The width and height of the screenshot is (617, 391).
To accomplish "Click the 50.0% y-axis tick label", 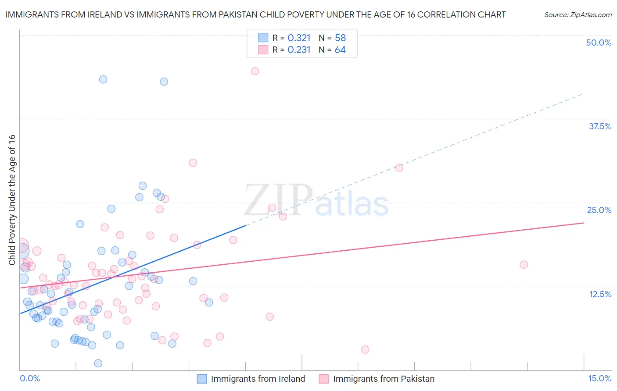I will pyautogui.click(x=599, y=43).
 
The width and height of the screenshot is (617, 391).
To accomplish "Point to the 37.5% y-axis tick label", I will pyautogui.click(x=600, y=126).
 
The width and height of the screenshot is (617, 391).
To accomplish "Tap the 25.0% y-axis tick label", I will pyautogui.click(x=599, y=210).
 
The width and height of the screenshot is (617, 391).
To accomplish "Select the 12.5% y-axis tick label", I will pyautogui.click(x=600, y=294).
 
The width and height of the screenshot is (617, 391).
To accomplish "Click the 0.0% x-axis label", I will pyautogui.click(x=30, y=378).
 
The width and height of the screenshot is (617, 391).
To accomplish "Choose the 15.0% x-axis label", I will pyautogui.click(x=599, y=378).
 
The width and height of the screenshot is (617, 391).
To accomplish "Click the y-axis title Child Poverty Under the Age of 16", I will pyautogui.click(x=12, y=199).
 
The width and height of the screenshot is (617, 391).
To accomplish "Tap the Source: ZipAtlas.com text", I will pyautogui.click(x=578, y=14).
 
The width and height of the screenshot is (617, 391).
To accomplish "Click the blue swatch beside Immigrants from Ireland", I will pyautogui.click(x=202, y=379).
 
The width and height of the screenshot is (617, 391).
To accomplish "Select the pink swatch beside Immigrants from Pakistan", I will pyautogui.click(x=324, y=379).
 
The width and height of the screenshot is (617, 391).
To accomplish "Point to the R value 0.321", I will pyautogui.click(x=299, y=38).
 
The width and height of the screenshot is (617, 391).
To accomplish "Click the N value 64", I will pyautogui.click(x=340, y=50).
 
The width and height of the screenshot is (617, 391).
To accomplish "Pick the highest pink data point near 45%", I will pyautogui.click(x=255, y=71).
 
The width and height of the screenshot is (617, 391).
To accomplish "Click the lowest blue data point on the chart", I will pyautogui.click(x=98, y=363).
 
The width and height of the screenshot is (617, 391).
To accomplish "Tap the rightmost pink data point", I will pyautogui.click(x=524, y=264).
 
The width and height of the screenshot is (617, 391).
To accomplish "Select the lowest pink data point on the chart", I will pyautogui.click(x=365, y=349).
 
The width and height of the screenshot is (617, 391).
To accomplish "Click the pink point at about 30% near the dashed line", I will pyautogui.click(x=399, y=167).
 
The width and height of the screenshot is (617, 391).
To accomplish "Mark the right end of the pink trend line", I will pyautogui.click(x=584, y=223).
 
